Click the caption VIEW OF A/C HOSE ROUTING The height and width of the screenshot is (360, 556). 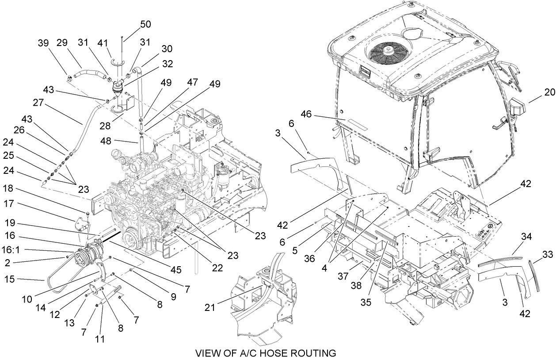point(266,353)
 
